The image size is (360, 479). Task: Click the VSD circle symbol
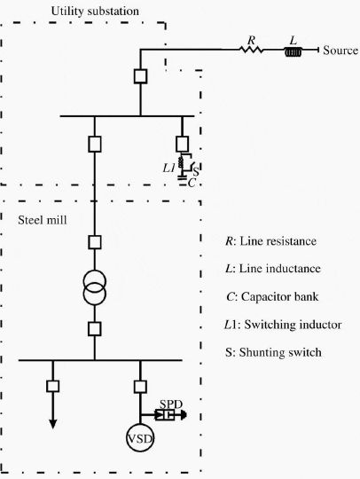click(x=140, y=438)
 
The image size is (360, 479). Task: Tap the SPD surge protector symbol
click(x=165, y=415)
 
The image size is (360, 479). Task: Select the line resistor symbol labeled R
click(x=251, y=50)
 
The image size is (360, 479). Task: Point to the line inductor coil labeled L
click(x=293, y=52)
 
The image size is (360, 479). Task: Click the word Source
click(x=340, y=51)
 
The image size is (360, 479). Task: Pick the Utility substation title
click(x=95, y=12)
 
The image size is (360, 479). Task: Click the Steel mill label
click(x=43, y=220)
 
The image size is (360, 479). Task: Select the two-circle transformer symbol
click(x=95, y=287)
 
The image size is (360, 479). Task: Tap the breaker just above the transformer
click(x=95, y=242)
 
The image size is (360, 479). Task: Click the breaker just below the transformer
click(x=95, y=329)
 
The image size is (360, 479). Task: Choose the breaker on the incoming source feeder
click(x=140, y=76)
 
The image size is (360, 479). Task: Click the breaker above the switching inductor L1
click(x=183, y=145)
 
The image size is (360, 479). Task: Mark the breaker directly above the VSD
click(x=140, y=387)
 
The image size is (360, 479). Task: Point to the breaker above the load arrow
click(x=53, y=386)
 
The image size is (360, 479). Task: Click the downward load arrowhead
click(x=53, y=424)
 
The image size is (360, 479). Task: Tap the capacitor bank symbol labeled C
click(x=182, y=177)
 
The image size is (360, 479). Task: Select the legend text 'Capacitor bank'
click(x=279, y=296)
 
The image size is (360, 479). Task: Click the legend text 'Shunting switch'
click(x=280, y=352)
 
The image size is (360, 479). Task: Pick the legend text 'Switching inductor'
click(x=293, y=325)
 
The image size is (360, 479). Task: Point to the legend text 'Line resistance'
click(x=278, y=241)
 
